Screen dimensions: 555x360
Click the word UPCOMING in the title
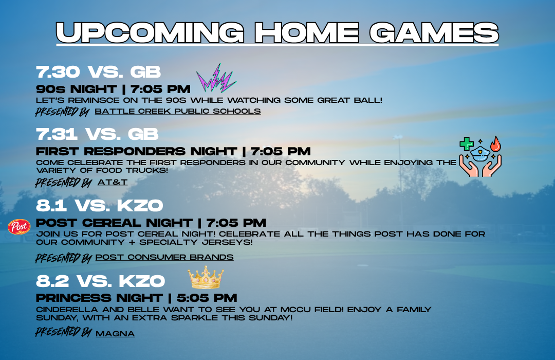click(x=150, y=32)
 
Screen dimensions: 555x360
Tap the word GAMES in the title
click(x=434, y=32)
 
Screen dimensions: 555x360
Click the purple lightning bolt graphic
click(x=216, y=79)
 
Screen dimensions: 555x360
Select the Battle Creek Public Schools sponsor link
click(x=178, y=111)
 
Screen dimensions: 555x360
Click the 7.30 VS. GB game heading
click(x=98, y=72)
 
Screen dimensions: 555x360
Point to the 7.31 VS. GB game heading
click(x=97, y=134)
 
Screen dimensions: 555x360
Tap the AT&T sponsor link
click(x=113, y=182)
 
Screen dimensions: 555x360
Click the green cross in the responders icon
click(x=467, y=144)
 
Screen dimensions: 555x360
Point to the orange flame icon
click(x=495, y=144)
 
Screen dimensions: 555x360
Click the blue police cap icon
click(x=480, y=154)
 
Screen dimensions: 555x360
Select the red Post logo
click(x=19, y=227)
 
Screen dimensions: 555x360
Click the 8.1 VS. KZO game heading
click(x=100, y=206)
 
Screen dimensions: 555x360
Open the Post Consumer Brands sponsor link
click(x=164, y=257)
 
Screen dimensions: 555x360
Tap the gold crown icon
click(x=206, y=278)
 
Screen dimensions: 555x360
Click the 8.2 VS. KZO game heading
click(x=101, y=281)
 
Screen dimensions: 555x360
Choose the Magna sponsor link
click(x=115, y=334)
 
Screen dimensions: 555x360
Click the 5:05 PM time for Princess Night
click(x=207, y=298)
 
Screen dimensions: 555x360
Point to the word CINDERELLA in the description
click(x=67, y=310)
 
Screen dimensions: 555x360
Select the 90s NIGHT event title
click(x=77, y=89)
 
